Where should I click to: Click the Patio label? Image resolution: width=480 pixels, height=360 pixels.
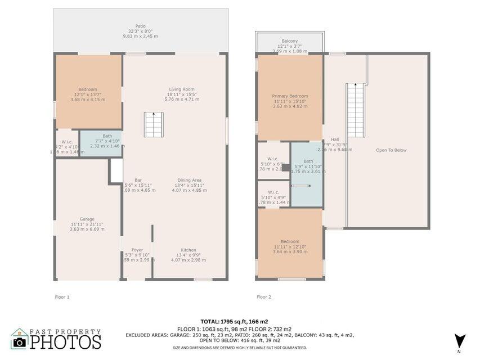point(141,26)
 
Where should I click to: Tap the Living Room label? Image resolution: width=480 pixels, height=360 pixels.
point(182,89)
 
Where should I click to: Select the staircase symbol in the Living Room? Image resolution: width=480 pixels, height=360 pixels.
point(154,124)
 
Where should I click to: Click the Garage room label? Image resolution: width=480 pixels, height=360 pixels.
point(87,219)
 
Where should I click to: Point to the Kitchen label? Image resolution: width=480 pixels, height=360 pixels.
point(188,250)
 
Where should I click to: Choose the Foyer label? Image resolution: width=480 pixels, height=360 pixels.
point(137,250)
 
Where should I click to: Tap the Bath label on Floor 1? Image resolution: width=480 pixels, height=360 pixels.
point(107,136)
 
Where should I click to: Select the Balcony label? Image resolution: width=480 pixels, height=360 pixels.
point(290,41)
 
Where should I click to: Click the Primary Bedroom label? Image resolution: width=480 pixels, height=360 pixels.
point(290,96)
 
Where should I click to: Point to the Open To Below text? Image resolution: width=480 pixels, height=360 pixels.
point(391,150)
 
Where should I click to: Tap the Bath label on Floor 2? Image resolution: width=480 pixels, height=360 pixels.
point(308,161)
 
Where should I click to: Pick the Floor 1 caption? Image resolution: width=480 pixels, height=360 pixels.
point(61,296)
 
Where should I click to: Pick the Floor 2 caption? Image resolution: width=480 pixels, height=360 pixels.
point(264,296)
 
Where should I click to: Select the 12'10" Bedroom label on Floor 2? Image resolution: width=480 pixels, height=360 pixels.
point(290,241)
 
